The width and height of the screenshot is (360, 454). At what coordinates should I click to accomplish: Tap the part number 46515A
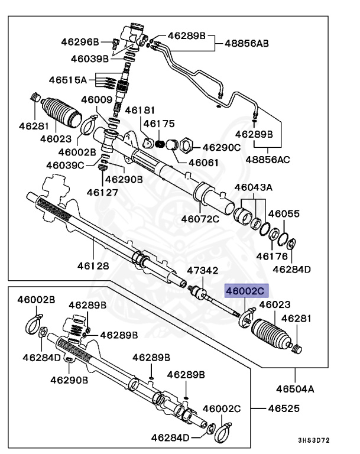(x=68, y=79)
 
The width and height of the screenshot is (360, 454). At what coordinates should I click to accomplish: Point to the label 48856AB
(x=247, y=43)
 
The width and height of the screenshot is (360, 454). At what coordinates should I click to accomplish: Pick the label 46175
(x=158, y=124)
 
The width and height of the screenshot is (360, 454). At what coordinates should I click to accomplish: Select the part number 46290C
(x=221, y=147)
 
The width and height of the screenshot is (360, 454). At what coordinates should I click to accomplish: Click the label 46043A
(x=253, y=187)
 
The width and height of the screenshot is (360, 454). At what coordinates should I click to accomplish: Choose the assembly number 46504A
(x=294, y=388)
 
